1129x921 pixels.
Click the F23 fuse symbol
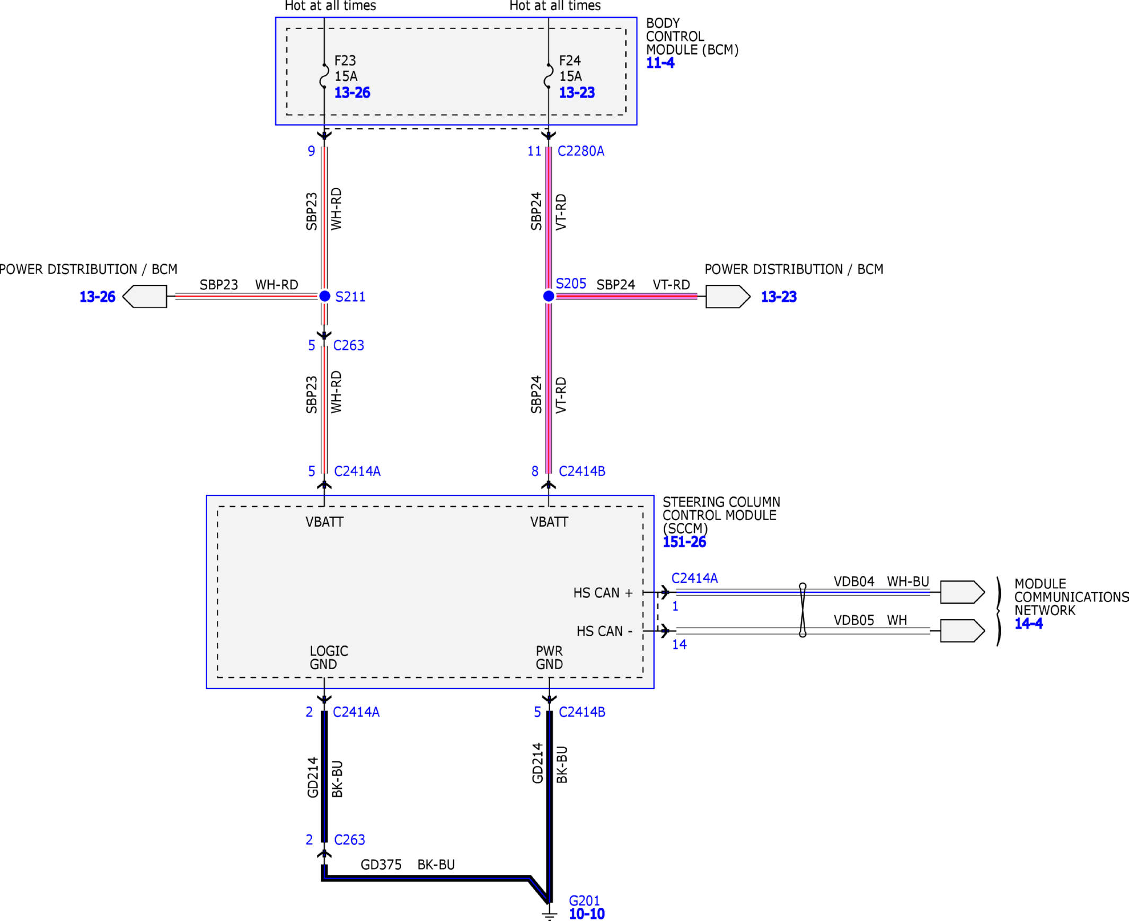324,76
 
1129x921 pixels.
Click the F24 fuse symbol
548,76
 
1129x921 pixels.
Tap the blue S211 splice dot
324,296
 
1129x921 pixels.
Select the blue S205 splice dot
549,296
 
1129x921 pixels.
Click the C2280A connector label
581,151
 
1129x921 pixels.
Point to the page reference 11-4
660,63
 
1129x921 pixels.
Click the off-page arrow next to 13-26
145,296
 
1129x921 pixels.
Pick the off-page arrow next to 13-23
728,296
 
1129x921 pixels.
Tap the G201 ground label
585,900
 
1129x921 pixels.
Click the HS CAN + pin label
603,593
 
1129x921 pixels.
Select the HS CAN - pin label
605,631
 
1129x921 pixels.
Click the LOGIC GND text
329,657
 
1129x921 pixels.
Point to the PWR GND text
549,657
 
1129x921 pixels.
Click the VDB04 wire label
854,582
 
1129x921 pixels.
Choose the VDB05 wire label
854,620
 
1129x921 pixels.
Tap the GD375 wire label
381,865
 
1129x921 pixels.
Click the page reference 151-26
685,542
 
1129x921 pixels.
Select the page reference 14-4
1029,624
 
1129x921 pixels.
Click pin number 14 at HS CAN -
680,645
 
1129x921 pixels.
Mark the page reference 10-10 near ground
587,914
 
